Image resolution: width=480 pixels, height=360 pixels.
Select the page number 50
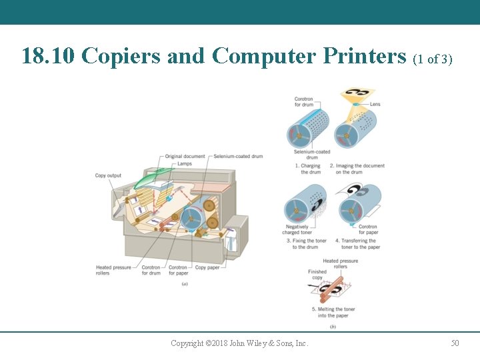point(455,343)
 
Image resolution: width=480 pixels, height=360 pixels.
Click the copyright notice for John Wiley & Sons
point(239,343)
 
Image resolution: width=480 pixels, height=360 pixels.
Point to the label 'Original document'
point(185,157)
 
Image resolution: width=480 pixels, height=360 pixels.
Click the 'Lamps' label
point(185,163)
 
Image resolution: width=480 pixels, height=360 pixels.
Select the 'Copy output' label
point(108,176)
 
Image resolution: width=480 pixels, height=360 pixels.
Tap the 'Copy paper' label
point(207,267)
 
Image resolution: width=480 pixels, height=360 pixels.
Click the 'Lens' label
point(375,104)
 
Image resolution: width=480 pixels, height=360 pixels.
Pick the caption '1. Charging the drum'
point(308,169)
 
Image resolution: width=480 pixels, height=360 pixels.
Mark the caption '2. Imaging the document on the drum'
point(358,169)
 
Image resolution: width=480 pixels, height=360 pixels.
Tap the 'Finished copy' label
point(317,275)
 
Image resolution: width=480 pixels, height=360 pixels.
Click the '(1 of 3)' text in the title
point(433,59)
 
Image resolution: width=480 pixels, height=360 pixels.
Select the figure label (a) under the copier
point(185,284)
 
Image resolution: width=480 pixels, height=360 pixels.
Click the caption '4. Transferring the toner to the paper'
point(357,244)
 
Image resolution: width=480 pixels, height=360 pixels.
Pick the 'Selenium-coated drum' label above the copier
point(238,157)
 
